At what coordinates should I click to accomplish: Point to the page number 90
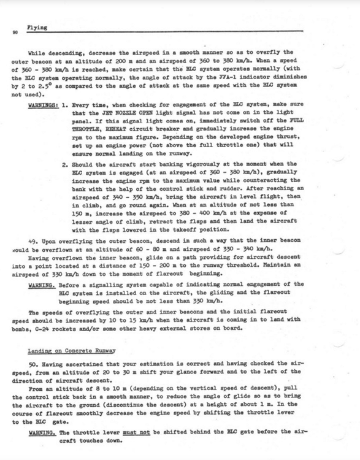[x=13, y=32]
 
